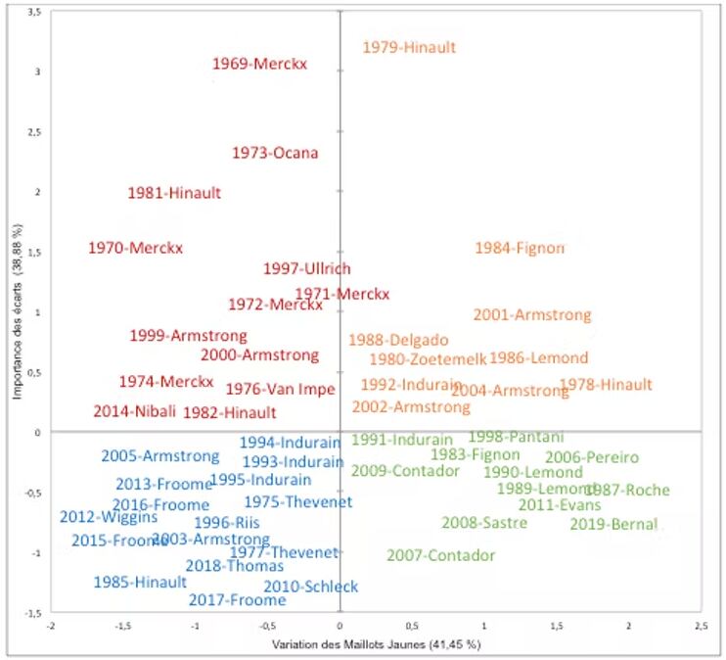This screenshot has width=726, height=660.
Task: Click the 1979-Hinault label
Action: pos(409,47)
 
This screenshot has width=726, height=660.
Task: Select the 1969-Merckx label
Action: pos(259,65)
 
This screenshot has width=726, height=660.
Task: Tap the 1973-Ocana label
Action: pos(275,153)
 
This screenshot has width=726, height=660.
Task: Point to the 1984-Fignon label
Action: pos(520,248)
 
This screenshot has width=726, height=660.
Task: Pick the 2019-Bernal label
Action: pos(613,524)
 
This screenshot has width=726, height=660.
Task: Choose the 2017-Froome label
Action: pos(237,600)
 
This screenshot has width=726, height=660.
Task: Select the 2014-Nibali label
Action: pos(135,412)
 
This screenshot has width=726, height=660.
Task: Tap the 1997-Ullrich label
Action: pos(306,269)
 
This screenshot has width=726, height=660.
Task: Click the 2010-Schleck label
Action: pos(310,587)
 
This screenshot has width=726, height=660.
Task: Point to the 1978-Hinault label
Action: pos(606,385)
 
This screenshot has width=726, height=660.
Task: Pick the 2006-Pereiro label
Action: pos(591,457)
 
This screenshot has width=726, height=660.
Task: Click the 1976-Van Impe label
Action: pos(280,389)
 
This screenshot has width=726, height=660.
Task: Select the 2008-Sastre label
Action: pos(484,523)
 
